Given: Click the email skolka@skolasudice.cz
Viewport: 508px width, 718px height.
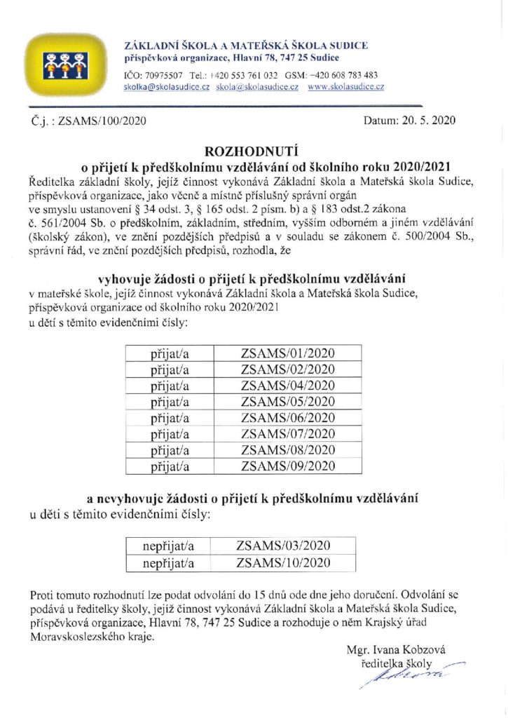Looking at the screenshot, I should click(163, 87).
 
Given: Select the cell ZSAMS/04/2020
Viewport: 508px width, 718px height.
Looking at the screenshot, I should click(289, 386).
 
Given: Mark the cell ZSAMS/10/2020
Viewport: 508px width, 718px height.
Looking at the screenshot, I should click(284, 562).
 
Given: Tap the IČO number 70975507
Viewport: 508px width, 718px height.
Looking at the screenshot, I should click(164, 75).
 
